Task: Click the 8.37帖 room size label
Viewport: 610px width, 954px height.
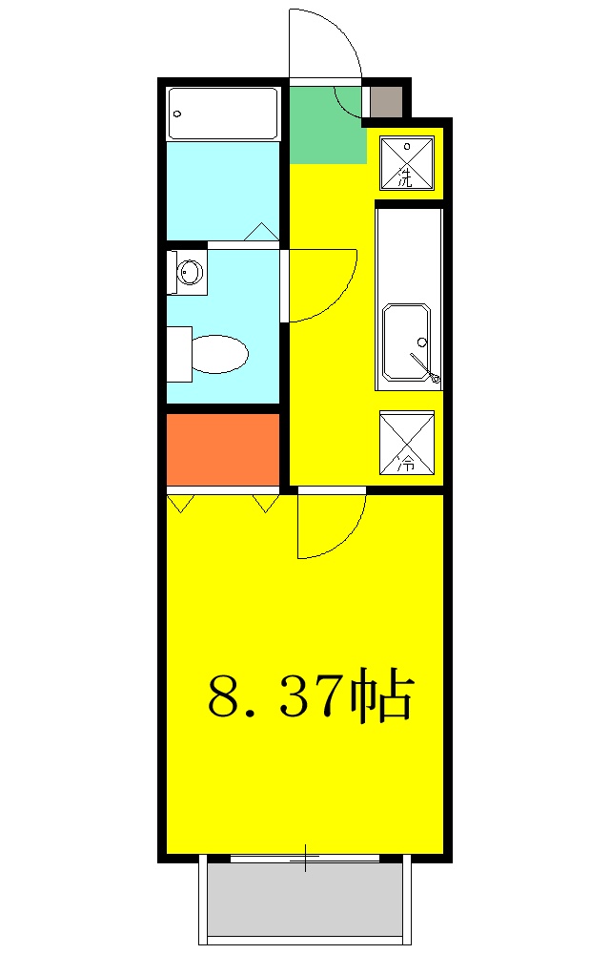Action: [311, 697]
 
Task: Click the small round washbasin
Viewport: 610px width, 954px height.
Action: [191, 272]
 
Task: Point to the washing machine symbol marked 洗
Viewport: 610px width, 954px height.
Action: [406, 163]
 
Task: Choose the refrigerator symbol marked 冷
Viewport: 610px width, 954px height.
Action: [406, 443]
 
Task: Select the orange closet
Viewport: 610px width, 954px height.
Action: [223, 448]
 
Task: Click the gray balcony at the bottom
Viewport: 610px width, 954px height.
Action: [304, 902]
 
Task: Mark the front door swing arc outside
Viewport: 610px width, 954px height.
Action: [329, 38]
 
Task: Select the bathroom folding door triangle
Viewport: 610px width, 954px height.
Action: [261, 232]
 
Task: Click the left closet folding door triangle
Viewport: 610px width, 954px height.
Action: [180, 501]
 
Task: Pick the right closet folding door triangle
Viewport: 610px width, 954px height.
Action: [264, 501]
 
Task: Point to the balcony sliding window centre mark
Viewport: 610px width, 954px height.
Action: [305, 858]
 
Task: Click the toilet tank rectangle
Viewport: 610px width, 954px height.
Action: [178, 354]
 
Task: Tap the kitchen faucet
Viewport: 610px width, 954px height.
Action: [425, 367]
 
